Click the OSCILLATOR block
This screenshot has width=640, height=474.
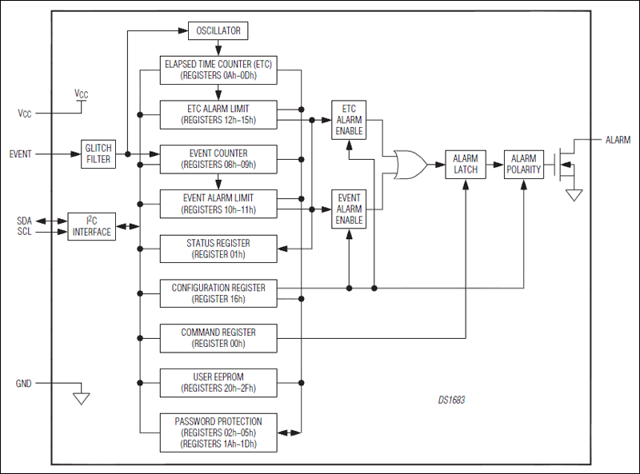click(218, 31)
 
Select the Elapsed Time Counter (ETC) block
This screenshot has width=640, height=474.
click(218, 70)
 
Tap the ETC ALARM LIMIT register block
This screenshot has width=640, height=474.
click(218, 114)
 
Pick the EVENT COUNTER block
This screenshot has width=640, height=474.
click(218, 159)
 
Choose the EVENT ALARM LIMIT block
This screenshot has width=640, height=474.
click(218, 203)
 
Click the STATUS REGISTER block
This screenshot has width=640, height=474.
click(218, 249)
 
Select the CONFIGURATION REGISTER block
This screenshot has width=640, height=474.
click(218, 293)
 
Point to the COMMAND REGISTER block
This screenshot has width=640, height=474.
click(218, 337)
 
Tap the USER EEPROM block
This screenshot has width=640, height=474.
click(218, 382)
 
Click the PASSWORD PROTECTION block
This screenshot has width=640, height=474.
click(218, 432)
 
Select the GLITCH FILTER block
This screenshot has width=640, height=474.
click(98, 153)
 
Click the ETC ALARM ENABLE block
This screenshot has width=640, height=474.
click(348, 120)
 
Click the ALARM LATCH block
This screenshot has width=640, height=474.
click(465, 164)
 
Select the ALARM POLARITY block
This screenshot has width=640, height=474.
click(524, 164)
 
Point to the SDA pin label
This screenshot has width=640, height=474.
click(24, 220)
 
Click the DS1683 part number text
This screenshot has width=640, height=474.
click(452, 400)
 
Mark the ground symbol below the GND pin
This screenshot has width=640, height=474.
click(81, 397)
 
